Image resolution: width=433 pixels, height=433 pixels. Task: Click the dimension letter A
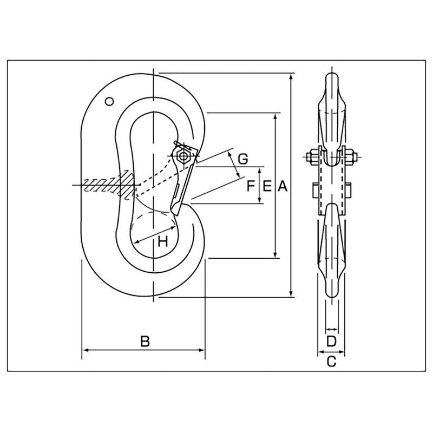282,187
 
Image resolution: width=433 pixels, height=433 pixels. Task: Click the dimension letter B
145,341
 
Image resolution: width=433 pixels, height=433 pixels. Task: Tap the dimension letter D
332,341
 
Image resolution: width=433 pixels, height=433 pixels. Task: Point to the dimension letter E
266,187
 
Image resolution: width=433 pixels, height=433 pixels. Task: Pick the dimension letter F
251,187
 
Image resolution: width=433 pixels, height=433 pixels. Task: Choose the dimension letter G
243,159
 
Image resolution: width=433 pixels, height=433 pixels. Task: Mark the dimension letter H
162,242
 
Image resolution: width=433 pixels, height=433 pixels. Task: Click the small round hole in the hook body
109,101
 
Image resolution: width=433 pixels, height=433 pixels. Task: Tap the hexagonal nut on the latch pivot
183,156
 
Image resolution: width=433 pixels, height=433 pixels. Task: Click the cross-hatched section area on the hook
108,184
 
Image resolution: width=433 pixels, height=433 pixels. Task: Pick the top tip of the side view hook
331,74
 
